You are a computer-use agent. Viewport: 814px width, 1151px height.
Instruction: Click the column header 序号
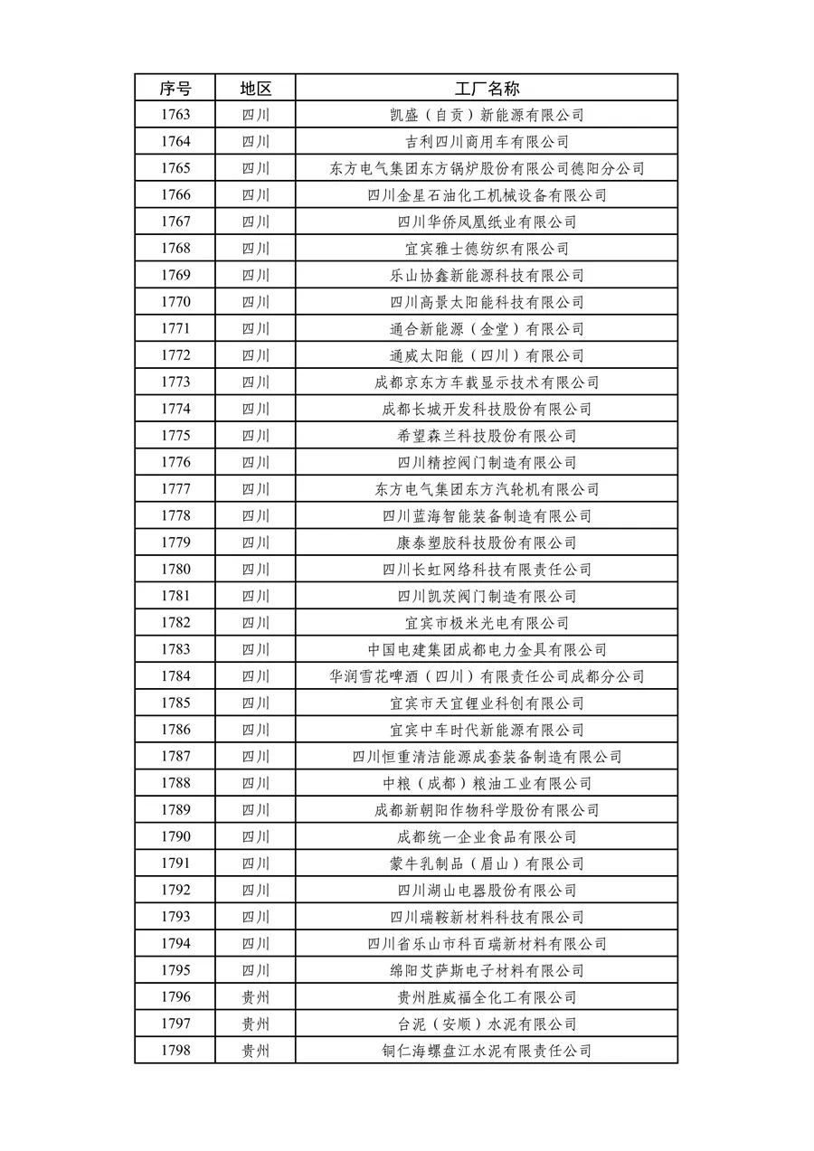pyautogui.click(x=175, y=89)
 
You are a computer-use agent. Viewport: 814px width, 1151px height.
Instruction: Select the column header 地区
pyautogui.click(x=255, y=89)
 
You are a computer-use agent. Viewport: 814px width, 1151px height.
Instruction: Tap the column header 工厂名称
pyautogui.click(x=487, y=89)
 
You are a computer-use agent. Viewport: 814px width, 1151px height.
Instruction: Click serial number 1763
pyautogui.click(x=175, y=115)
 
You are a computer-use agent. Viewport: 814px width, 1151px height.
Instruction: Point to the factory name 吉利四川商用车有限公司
pyautogui.click(x=487, y=142)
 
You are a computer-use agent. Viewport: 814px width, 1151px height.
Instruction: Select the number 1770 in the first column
pyautogui.click(x=175, y=302)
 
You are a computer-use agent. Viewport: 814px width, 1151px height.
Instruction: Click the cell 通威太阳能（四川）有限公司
pyautogui.click(x=487, y=355)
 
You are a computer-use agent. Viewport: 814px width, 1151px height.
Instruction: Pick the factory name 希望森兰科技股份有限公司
pyautogui.click(x=487, y=436)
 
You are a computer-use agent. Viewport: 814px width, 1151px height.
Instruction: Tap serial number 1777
pyautogui.click(x=175, y=489)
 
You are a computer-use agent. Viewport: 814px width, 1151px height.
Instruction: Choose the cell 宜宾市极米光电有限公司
pyautogui.click(x=487, y=623)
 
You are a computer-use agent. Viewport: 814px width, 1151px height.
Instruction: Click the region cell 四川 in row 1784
pyautogui.click(x=255, y=676)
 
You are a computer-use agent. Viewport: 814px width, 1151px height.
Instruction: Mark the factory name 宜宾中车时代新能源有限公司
pyautogui.click(x=487, y=730)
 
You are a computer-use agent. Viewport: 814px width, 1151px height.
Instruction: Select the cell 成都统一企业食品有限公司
pyautogui.click(x=487, y=837)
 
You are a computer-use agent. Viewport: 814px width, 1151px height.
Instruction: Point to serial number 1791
pyautogui.click(x=175, y=863)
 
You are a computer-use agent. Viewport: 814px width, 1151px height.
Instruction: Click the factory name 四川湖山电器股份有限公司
pyautogui.click(x=487, y=891)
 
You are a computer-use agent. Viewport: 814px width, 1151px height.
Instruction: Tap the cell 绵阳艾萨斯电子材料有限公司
pyautogui.click(x=487, y=971)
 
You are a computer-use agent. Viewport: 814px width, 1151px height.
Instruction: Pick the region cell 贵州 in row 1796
pyautogui.click(x=255, y=997)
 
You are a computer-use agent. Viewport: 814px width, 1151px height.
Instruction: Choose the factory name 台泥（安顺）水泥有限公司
pyautogui.click(x=487, y=1024)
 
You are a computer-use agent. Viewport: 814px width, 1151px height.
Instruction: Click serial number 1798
pyautogui.click(x=175, y=1051)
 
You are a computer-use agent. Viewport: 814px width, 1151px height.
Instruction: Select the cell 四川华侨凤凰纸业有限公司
pyautogui.click(x=487, y=222)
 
